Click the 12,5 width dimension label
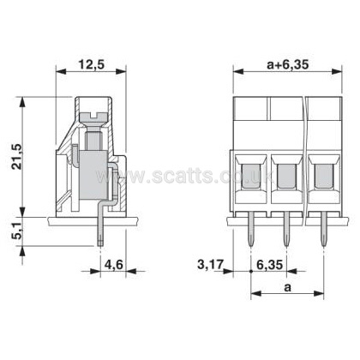[92, 65]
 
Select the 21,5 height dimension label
[17, 156]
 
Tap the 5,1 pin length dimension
[17, 231]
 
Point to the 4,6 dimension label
[114, 265]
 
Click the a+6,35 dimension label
[288, 65]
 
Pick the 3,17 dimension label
[210, 265]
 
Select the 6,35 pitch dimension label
[270, 265]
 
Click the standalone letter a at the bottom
[287, 288]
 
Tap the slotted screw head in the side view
[93, 117]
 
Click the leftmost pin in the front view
[250, 229]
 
